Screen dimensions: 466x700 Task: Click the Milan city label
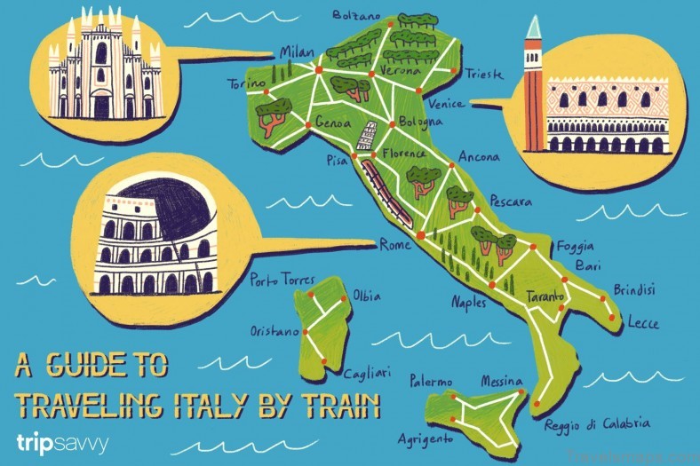pos(296,52)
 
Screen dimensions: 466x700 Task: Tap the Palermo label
pos(431,382)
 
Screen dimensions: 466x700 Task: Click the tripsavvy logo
pos(61,442)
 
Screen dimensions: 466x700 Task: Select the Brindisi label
pos(634,289)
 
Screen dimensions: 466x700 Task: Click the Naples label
pos(469,302)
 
